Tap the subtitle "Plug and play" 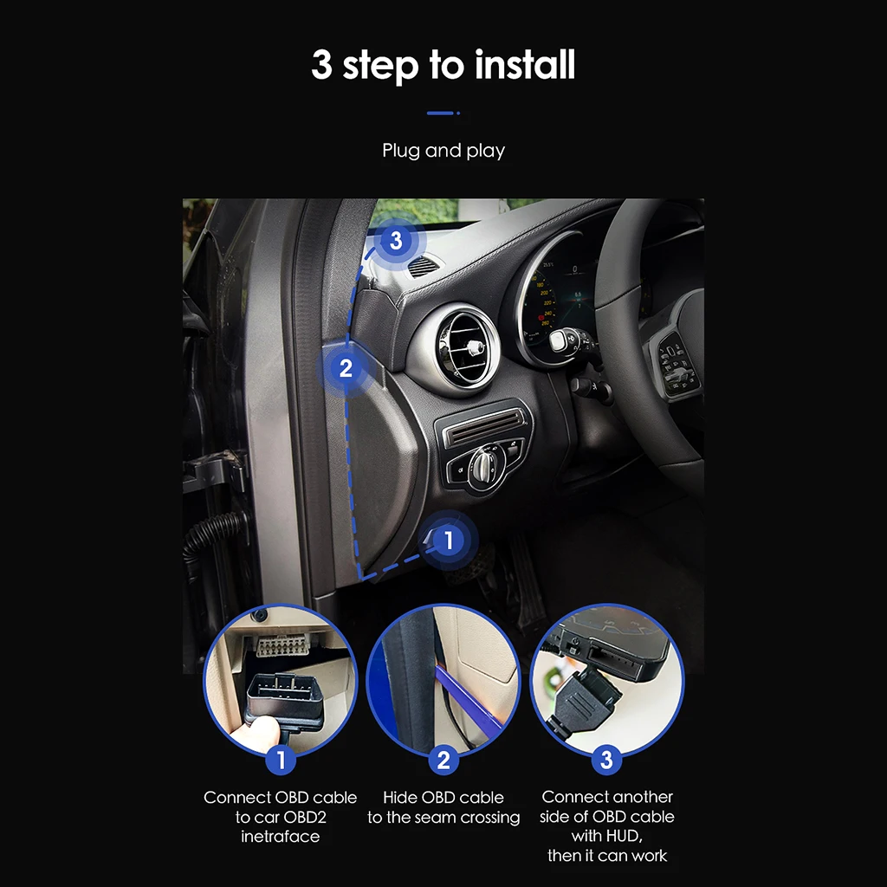(x=443, y=151)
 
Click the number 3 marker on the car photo (x=397, y=240)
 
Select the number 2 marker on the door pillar (x=346, y=368)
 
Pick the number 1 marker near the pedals (x=448, y=541)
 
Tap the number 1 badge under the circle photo (x=280, y=761)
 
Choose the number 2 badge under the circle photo (x=443, y=761)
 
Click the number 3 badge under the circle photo (x=606, y=761)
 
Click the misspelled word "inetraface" (x=280, y=837)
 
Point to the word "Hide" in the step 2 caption (x=401, y=798)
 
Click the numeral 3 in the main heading (x=321, y=66)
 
